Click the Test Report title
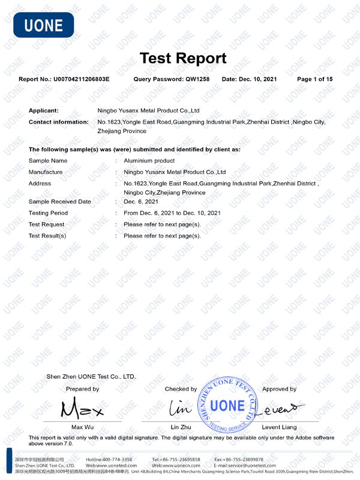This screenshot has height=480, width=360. (183, 58)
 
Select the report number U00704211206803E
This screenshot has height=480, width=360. (82, 79)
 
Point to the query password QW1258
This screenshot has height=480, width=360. (197, 79)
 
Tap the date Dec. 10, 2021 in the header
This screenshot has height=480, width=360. (259, 79)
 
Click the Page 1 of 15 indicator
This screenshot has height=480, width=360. (315, 79)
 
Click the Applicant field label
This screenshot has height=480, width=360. (44, 110)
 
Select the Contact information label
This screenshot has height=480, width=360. (58, 122)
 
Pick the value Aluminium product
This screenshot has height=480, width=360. (149, 161)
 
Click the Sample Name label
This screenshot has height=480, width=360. (48, 161)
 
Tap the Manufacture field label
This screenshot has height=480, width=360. (46, 172)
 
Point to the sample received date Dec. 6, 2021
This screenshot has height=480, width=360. (141, 202)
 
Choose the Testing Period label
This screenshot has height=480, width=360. (48, 213)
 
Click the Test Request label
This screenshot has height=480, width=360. (46, 224)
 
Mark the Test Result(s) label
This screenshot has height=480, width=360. (47, 236)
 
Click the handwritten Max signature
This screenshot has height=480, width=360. (82, 409)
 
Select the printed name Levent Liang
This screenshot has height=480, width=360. (280, 427)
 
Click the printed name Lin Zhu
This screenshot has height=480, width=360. (181, 427)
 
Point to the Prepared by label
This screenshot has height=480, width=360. (82, 389)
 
